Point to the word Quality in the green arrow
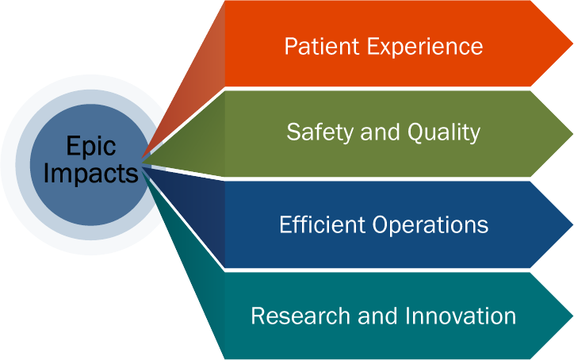click(x=444, y=132)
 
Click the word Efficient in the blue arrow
click(x=316, y=224)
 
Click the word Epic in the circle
click(x=90, y=146)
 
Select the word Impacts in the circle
click(x=90, y=173)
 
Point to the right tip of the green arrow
click(x=569, y=133)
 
